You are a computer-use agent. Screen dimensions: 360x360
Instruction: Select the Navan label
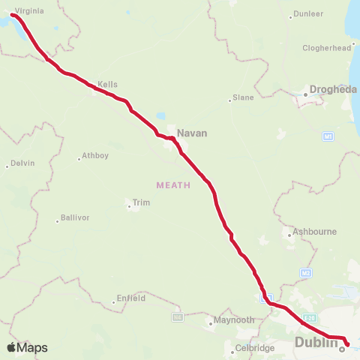click(x=191, y=133)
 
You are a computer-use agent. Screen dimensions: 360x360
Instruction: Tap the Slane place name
click(x=243, y=97)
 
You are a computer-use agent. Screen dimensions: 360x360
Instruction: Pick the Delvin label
click(x=22, y=163)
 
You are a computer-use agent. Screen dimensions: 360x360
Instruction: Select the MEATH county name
click(x=173, y=184)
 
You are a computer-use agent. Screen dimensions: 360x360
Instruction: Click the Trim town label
click(x=140, y=202)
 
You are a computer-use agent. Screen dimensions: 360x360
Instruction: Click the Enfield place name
click(x=130, y=298)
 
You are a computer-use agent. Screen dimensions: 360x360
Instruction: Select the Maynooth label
click(x=234, y=319)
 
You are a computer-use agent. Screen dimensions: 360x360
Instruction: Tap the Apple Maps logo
click(x=27, y=347)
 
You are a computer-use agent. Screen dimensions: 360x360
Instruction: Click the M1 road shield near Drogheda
click(x=328, y=136)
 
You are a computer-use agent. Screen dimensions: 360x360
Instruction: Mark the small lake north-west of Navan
click(x=160, y=117)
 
